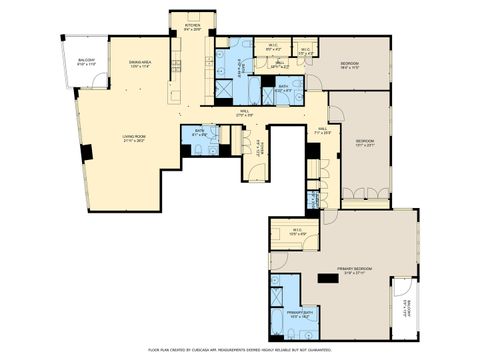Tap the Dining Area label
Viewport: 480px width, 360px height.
pos(139,65)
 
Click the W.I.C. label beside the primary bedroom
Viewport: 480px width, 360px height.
pos(298,232)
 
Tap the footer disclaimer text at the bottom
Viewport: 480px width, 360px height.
pos(240,350)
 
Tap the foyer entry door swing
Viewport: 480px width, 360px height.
pos(258,172)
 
